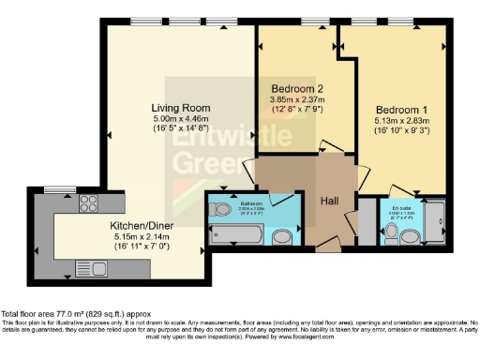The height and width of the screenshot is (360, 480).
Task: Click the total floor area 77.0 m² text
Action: (67, 312)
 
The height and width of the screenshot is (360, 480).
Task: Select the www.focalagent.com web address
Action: (339, 335)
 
